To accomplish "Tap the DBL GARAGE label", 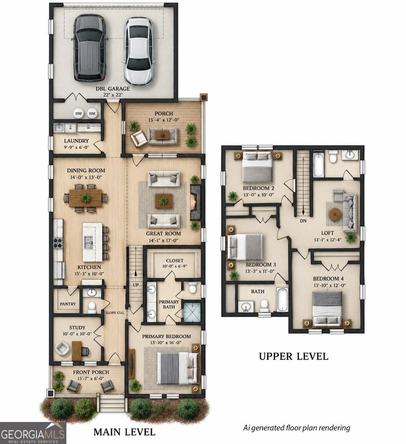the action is click(x=113, y=89).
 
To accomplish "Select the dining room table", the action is click(x=85, y=198).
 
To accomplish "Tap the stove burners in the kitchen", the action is click(x=58, y=243).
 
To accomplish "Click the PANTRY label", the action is click(x=68, y=304).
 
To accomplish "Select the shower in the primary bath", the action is click(x=192, y=312).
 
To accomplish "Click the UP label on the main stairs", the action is click(x=135, y=285).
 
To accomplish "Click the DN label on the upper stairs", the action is click(x=303, y=221).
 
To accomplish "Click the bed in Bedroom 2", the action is click(x=257, y=166).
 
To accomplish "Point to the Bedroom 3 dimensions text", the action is click(x=260, y=271).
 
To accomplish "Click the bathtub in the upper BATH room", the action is click(x=282, y=300).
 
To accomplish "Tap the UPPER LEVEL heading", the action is click(x=293, y=356).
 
